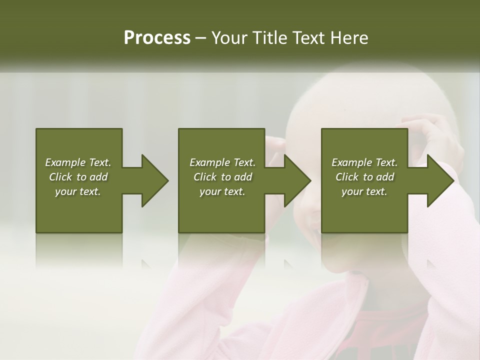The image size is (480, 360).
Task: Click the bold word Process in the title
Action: (x=157, y=38)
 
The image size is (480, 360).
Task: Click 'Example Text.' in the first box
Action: (x=78, y=162)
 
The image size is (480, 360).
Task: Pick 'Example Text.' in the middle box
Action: (x=222, y=162)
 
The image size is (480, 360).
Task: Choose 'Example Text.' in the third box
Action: (x=364, y=162)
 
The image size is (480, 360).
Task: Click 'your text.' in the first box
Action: (x=78, y=191)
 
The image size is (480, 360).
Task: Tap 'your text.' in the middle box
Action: (x=222, y=191)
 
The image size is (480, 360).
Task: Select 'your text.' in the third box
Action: (x=364, y=191)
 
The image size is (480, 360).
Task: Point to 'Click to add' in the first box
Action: (x=78, y=177)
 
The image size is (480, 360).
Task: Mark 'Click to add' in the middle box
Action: (x=222, y=177)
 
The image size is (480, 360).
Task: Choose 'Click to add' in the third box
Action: (x=364, y=177)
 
